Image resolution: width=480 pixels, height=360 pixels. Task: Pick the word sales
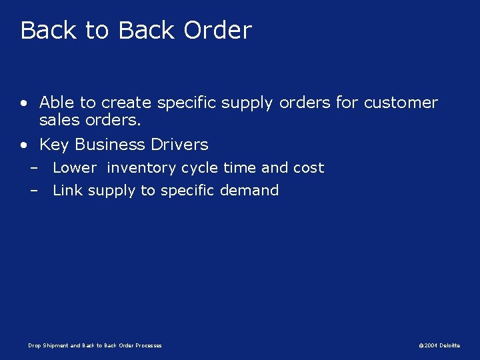[58, 121]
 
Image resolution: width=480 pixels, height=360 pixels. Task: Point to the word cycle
[199, 168]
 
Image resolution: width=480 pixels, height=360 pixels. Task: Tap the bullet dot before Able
[24, 103]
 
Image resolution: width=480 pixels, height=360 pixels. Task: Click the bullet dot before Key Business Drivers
[24, 145]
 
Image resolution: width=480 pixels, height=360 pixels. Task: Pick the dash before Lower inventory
[33, 168]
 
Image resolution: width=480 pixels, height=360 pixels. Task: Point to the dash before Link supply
[33, 191]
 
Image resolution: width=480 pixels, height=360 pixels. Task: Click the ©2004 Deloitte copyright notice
[439, 345]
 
